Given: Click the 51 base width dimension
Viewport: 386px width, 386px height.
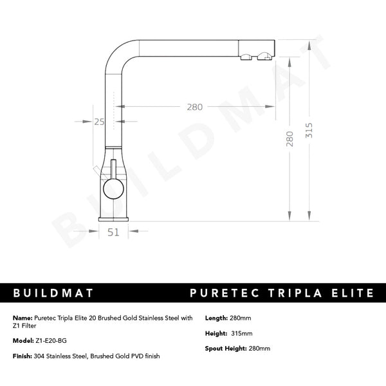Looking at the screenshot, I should click(x=113, y=233).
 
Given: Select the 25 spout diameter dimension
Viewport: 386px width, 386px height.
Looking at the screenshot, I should click(x=98, y=121).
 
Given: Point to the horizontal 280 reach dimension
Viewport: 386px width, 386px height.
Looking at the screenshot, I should click(x=195, y=107).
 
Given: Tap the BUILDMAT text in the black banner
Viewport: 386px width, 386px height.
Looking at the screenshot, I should click(x=54, y=293).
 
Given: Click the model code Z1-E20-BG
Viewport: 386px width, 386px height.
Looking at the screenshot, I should click(x=51, y=341).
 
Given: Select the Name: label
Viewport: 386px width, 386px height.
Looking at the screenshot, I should click(x=23, y=318).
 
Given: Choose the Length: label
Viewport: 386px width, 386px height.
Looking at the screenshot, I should click(x=216, y=318).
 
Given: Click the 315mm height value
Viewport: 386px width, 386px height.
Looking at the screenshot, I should click(x=242, y=333).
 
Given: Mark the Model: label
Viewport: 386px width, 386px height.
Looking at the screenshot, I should click(x=24, y=341).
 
